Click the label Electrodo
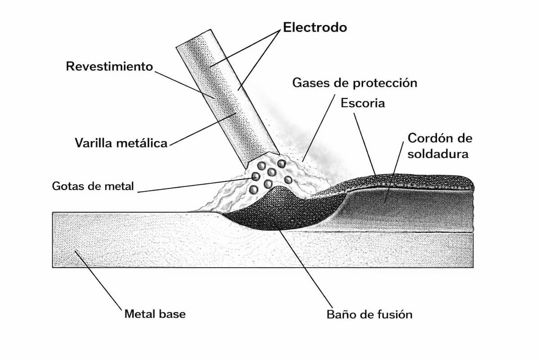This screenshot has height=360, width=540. pyautogui.click(x=315, y=27)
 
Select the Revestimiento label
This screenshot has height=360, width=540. pyautogui.click(x=110, y=67)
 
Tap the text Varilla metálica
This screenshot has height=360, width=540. pyautogui.click(x=121, y=144)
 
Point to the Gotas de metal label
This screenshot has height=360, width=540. pyautogui.click(x=93, y=186)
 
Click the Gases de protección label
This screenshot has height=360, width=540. pyautogui.click(x=355, y=83)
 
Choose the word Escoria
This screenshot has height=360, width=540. pyautogui.click(x=363, y=103)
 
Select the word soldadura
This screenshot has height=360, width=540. pyautogui.click(x=438, y=154)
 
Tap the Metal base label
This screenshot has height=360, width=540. pyautogui.click(x=155, y=314)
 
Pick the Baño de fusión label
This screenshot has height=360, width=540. pyautogui.click(x=369, y=314)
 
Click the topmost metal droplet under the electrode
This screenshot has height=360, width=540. pyautogui.click(x=282, y=164)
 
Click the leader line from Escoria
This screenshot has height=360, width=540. pyautogui.click(x=364, y=144)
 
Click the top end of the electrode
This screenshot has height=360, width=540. pyautogui.click(x=193, y=37)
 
